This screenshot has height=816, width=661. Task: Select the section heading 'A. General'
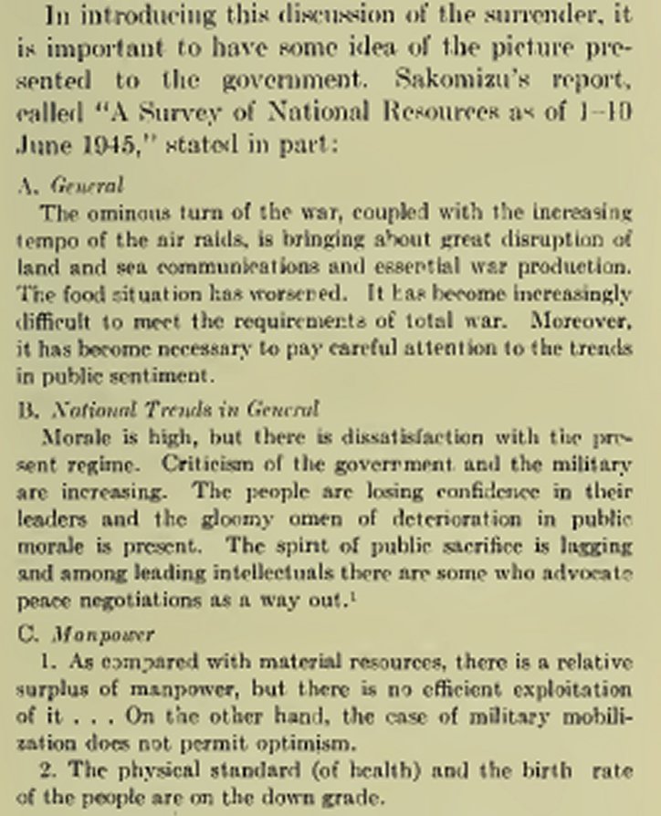tap(70, 185)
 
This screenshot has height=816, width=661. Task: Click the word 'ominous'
tap(108, 213)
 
